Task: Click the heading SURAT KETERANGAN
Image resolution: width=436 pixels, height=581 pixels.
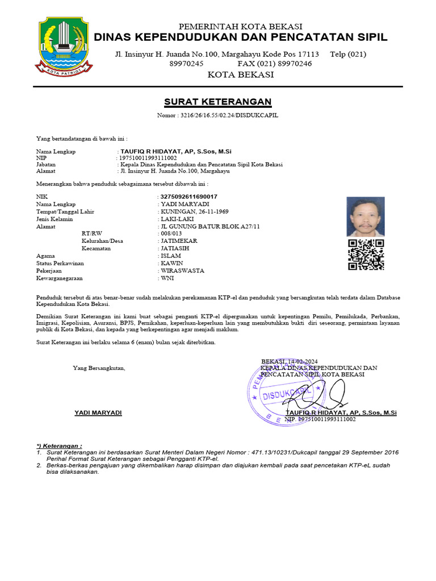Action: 217,102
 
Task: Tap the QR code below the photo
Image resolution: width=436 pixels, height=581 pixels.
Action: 366,255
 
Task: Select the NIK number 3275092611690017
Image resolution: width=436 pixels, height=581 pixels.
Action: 189,196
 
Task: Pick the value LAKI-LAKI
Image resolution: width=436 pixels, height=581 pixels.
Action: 177,219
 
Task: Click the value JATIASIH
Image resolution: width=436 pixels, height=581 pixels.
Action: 175,249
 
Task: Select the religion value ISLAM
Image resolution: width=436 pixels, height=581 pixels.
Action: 170,256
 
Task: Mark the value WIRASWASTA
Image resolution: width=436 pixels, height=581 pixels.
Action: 182,271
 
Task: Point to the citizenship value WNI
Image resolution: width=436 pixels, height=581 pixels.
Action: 167,279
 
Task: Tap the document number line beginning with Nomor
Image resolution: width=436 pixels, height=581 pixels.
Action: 217,116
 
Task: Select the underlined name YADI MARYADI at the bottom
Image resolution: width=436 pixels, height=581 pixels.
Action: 98,412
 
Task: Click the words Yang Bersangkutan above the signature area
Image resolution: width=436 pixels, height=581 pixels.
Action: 99,368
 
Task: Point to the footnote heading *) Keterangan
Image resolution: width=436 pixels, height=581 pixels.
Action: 59,446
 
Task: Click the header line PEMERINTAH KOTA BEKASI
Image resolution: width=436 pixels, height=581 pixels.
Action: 240,27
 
